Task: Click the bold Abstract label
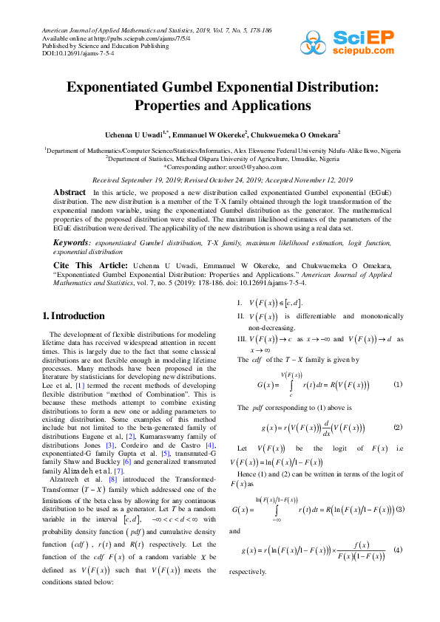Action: (x=70, y=191)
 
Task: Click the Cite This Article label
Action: (x=90, y=264)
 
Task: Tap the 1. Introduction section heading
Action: (x=74, y=316)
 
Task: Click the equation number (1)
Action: (x=397, y=384)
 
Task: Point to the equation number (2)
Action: (x=397, y=428)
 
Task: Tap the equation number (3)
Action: (x=400, y=509)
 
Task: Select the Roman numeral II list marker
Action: (x=240, y=316)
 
